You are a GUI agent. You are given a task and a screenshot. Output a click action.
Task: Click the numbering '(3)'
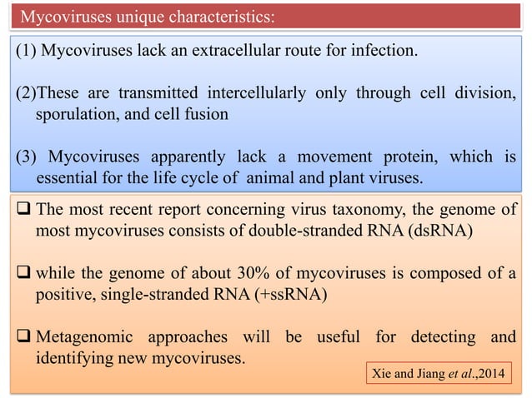tap(27, 156)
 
